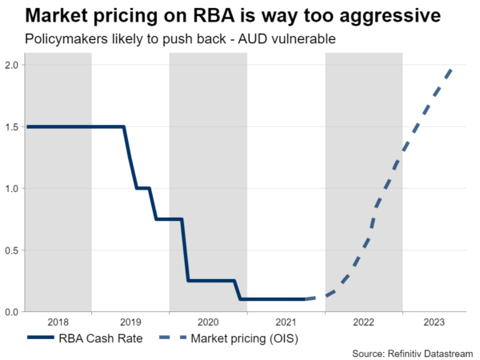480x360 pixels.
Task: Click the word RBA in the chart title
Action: [209, 15]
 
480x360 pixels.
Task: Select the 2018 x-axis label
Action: [58, 322]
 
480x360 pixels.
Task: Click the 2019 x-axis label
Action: [130, 322]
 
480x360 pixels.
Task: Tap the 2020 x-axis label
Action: [208, 322]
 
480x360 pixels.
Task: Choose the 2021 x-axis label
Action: [286, 322]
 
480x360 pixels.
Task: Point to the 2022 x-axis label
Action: [364, 322]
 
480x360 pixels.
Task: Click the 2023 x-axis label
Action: [434, 322]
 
